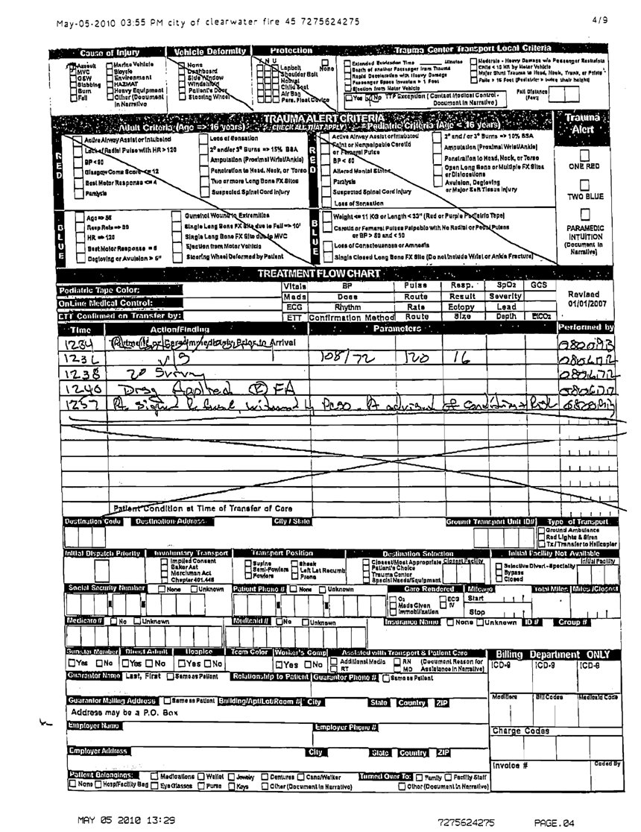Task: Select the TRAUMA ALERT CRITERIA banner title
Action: (x=324, y=118)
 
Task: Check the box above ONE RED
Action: (x=584, y=154)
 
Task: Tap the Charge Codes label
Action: (x=520, y=731)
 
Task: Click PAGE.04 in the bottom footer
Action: (x=554, y=822)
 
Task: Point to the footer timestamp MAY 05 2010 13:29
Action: (x=127, y=820)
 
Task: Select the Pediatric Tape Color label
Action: (x=100, y=290)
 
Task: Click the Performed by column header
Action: (x=588, y=327)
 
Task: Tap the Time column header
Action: (x=80, y=329)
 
